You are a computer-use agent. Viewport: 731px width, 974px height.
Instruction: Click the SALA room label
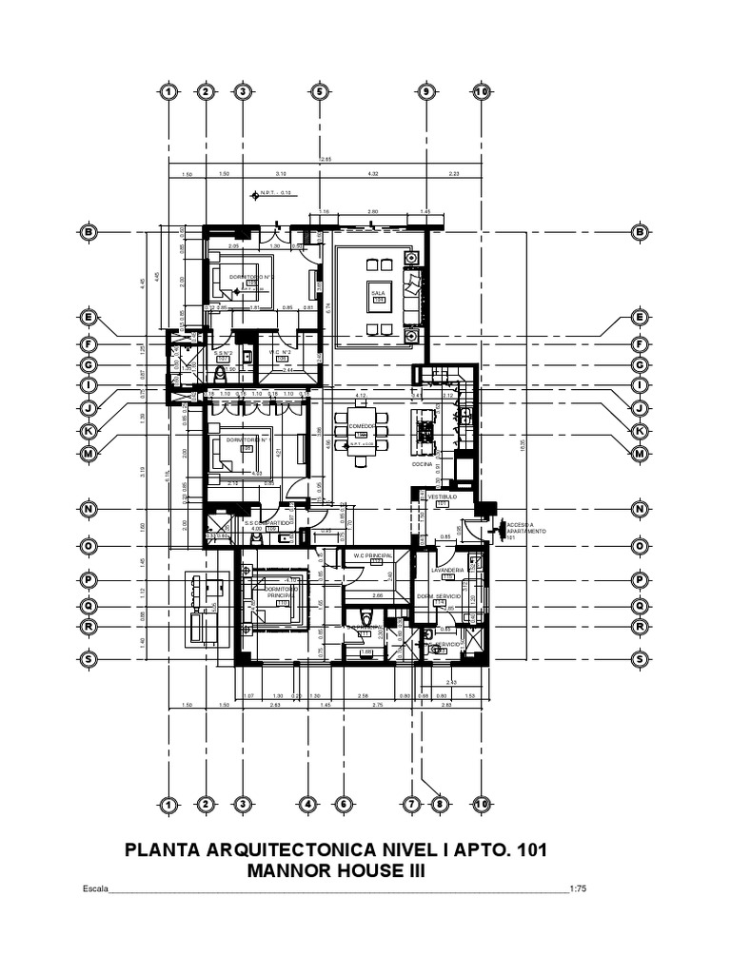click(x=377, y=293)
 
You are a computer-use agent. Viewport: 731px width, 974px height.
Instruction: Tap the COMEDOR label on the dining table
click(x=361, y=426)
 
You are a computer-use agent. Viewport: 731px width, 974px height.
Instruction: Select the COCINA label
click(x=423, y=464)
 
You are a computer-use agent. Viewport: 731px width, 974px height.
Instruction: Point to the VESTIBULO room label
click(x=443, y=497)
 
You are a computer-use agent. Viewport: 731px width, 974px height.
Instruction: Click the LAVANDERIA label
click(x=445, y=570)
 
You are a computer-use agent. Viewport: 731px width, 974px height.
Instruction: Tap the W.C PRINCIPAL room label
click(x=373, y=555)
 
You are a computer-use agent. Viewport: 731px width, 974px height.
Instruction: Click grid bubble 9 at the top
click(x=425, y=92)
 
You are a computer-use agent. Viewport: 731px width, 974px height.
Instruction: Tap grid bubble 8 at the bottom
click(x=440, y=805)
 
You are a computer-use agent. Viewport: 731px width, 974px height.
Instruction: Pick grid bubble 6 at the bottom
click(x=341, y=805)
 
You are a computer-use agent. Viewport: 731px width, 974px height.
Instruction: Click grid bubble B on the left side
click(x=89, y=232)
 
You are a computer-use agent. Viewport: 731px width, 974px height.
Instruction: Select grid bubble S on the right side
click(x=640, y=658)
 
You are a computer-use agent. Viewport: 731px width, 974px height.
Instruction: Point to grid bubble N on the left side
click(x=89, y=509)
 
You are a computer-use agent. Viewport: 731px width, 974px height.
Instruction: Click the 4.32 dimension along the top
click(x=373, y=174)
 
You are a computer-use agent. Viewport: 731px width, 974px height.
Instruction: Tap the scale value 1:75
click(x=578, y=890)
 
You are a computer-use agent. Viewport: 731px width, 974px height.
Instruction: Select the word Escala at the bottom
click(x=96, y=890)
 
